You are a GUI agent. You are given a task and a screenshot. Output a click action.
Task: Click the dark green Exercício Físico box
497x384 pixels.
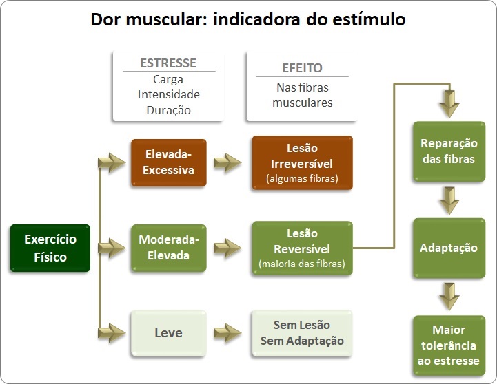(50, 248)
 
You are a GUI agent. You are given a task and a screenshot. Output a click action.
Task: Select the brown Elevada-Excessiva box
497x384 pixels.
(169, 162)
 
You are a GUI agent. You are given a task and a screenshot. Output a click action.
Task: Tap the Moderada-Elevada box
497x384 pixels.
(169, 248)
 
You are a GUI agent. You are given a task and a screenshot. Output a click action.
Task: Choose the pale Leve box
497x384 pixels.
(169, 333)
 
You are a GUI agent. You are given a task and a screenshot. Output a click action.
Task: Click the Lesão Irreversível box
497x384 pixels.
(302, 162)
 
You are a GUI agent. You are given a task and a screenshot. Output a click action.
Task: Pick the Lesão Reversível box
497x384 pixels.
(302, 248)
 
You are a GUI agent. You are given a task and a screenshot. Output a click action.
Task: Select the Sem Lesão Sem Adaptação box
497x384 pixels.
(302, 333)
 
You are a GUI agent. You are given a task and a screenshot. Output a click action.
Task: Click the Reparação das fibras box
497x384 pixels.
(449, 151)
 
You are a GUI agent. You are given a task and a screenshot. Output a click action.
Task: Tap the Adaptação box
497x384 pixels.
(449, 248)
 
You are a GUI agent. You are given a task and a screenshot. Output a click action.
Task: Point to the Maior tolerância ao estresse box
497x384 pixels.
(449, 345)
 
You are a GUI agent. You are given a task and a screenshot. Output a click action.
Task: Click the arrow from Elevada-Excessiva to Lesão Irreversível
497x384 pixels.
(227, 162)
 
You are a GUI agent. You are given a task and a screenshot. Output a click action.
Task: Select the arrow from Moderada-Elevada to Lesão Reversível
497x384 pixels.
(227, 248)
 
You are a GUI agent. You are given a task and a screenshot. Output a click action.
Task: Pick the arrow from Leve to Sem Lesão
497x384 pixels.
(227, 333)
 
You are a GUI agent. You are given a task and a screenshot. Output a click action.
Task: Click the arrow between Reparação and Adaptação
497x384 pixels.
(449, 200)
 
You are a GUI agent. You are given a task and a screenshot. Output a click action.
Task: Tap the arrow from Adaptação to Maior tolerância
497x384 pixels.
(449, 297)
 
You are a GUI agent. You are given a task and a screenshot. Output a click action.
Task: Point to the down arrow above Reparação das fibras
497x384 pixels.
(449, 104)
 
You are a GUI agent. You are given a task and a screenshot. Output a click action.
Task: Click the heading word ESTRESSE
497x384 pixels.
(168, 63)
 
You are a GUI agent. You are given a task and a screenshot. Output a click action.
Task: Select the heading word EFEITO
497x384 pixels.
(302, 67)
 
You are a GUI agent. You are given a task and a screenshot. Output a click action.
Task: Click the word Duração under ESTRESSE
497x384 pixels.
(169, 110)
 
